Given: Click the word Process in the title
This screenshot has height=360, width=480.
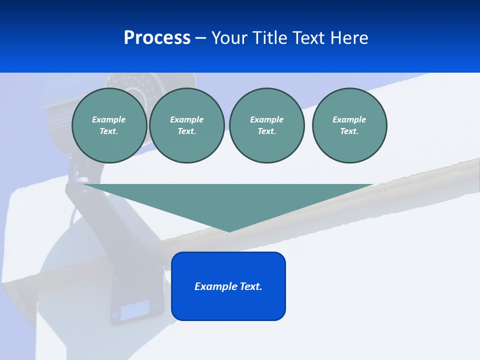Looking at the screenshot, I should (x=157, y=38).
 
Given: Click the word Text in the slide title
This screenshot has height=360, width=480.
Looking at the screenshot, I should (x=310, y=38).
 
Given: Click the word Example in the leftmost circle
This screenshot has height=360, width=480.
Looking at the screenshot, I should (x=108, y=119).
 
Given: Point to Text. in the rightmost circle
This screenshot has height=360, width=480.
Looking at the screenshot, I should (x=349, y=131).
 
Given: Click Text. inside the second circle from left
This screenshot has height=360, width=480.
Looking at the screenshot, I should (x=187, y=131).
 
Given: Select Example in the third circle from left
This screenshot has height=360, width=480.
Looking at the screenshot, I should (x=266, y=119).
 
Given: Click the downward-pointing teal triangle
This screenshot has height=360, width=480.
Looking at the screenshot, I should (x=228, y=200).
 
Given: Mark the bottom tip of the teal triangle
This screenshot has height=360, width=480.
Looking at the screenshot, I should (x=229, y=230).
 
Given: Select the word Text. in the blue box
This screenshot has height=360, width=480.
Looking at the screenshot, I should (x=251, y=286).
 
